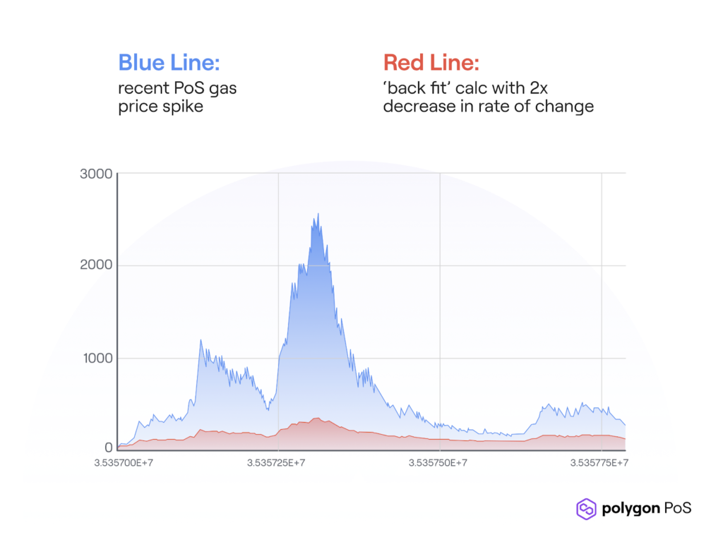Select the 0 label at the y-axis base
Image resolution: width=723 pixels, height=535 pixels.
[x=109, y=447]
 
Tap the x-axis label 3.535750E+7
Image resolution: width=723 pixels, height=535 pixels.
[x=439, y=463]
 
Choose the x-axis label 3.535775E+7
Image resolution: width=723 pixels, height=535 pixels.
[x=599, y=463]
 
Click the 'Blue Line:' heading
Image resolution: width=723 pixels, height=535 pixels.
[x=169, y=63]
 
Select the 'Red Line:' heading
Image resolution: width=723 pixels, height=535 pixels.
[x=431, y=63]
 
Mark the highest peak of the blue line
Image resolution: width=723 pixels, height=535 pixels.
[x=318, y=214]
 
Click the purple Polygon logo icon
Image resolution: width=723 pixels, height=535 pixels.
[x=586, y=508]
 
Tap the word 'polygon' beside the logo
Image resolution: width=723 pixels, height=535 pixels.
[x=631, y=509]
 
